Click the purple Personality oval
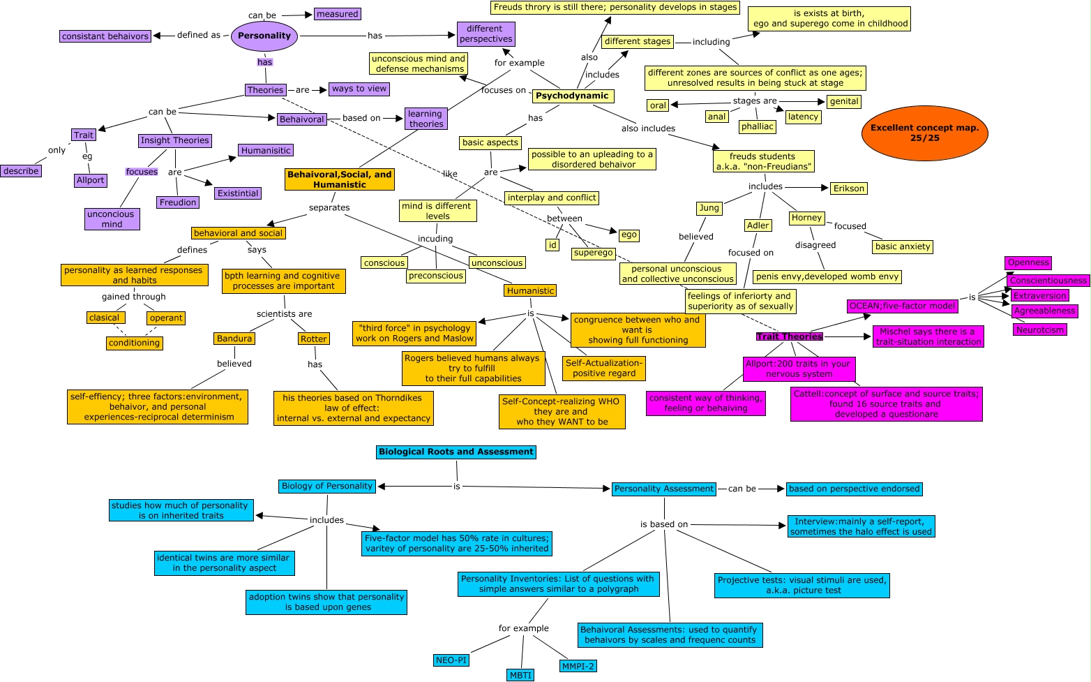[264, 36]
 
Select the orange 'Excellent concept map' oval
[924, 133]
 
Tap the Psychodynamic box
[572, 96]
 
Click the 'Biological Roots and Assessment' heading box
[456, 452]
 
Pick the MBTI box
[520, 675]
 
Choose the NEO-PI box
[451, 660]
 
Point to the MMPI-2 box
[578, 666]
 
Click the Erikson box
[849, 188]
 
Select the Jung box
[709, 208]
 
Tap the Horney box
[806, 218]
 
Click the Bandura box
[234, 339]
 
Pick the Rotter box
[313, 339]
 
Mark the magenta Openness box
[1028, 263]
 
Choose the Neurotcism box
[1039, 329]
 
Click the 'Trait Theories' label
[789, 336]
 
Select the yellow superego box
[593, 253]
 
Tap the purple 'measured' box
[337, 14]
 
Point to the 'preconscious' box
[436, 276]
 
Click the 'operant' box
[166, 318]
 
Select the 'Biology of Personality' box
[327, 486]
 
